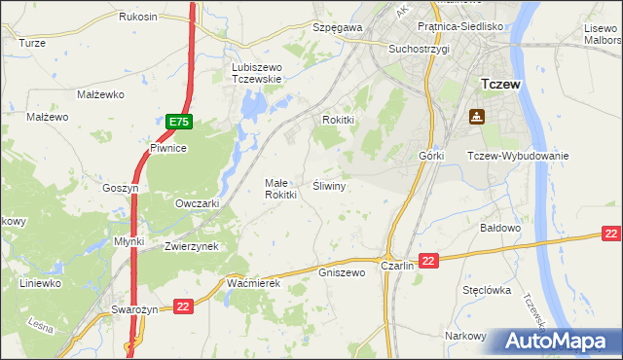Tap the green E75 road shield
click(x=178, y=122)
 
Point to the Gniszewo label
click(x=342, y=272)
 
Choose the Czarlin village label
click(x=398, y=266)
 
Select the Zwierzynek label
click(x=197, y=247)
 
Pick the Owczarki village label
click(x=197, y=204)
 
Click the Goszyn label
click(x=122, y=188)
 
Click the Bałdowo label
click(x=502, y=227)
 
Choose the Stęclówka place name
click(x=487, y=290)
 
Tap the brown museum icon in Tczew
click(x=477, y=117)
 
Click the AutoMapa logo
click(x=561, y=342)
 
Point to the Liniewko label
click(x=40, y=283)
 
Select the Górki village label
click(x=431, y=156)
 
